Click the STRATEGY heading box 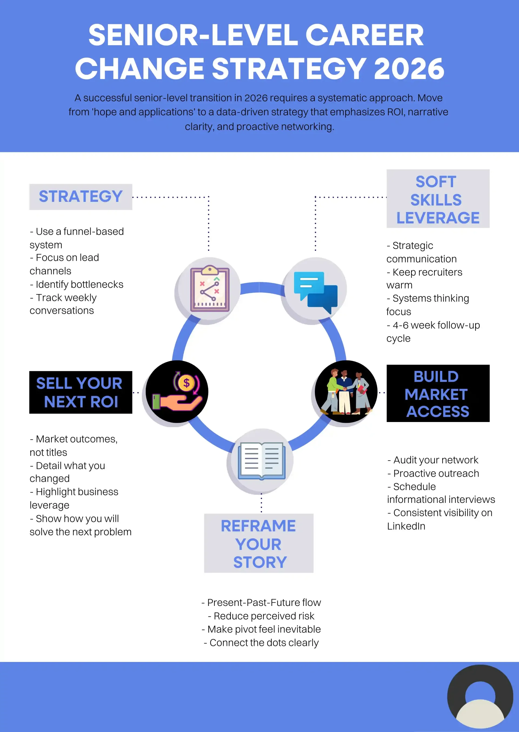(81, 197)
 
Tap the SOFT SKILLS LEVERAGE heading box (438, 199)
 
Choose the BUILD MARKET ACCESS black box (438, 393)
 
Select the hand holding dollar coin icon (177, 391)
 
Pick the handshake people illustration (346, 391)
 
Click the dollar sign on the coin (187, 383)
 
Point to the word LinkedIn (406, 526)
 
